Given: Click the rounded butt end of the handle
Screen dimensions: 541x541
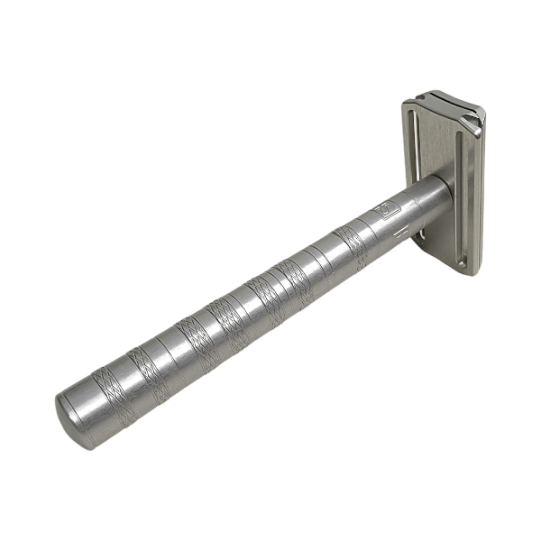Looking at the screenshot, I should (74, 417).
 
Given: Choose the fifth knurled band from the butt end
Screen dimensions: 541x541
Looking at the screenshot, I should (266, 300).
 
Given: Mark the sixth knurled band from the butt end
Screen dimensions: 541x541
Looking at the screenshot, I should (293, 283).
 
